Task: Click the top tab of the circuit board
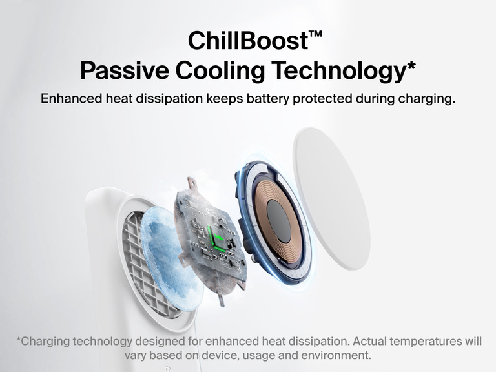tap(192, 184)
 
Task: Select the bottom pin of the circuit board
tap(221, 300)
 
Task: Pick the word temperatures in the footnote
tap(420, 342)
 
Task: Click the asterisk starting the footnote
tap(19, 340)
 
